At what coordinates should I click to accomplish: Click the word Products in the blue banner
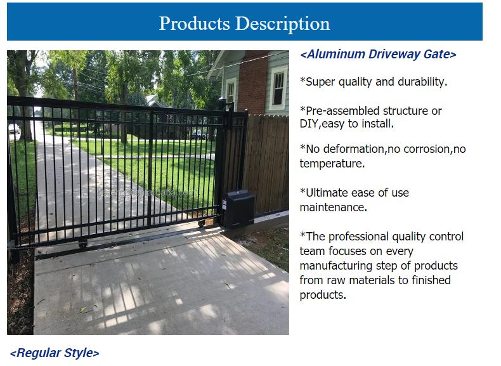click(194, 23)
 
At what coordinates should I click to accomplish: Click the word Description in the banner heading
click(282, 24)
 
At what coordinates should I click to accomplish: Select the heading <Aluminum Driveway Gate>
click(378, 54)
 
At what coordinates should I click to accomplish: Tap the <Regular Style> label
click(55, 353)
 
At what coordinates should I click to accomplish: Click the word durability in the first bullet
click(422, 82)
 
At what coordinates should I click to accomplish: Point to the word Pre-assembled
click(341, 110)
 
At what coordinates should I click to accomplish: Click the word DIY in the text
click(309, 124)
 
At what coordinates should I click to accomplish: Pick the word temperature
click(332, 164)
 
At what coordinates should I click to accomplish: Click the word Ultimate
click(326, 193)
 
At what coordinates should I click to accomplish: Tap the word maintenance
click(333, 207)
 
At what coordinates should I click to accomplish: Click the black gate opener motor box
click(238, 209)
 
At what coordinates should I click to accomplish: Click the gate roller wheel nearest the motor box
click(201, 224)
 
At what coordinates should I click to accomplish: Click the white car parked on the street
click(14, 129)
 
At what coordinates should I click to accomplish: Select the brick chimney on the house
click(253, 82)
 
